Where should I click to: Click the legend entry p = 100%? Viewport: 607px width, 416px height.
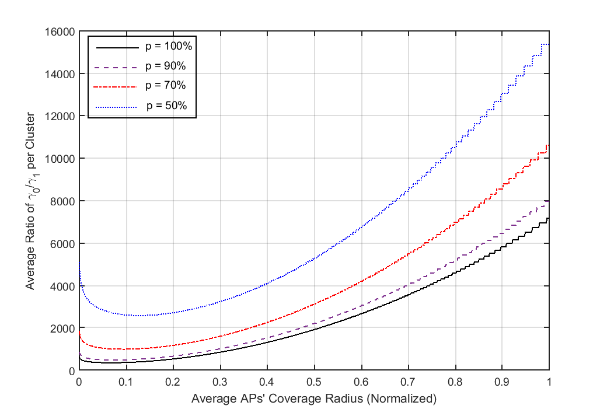(x=164, y=47)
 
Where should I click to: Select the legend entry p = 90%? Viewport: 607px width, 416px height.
(x=164, y=66)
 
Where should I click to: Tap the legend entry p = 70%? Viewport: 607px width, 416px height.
(x=164, y=85)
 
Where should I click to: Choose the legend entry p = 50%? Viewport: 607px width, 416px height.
(x=165, y=105)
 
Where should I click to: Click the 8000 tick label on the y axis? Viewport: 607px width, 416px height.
(x=64, y=201)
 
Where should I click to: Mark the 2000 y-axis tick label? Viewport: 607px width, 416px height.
(x=64, y=328)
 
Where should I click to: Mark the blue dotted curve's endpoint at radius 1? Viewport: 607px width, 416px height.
(x=549, y=44)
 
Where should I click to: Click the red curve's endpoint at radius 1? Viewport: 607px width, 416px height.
(x=549, y=145)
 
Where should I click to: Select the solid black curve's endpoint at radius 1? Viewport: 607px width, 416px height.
(x=549, y=218)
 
